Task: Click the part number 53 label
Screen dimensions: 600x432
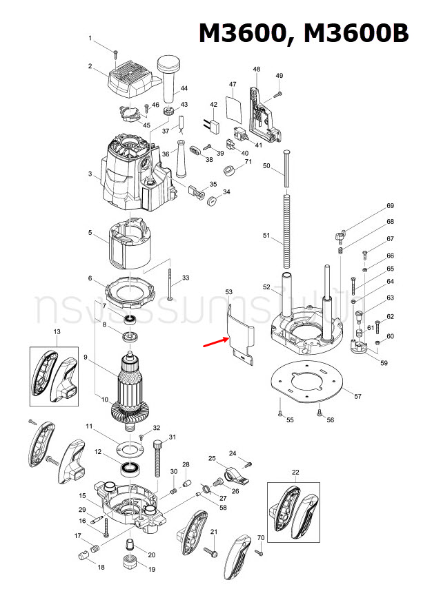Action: coord(228,292)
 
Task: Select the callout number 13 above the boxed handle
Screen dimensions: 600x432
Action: coord(57,332)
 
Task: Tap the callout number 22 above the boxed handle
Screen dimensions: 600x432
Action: coord(295,471)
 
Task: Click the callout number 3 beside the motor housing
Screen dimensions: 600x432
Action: coord(90,174)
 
